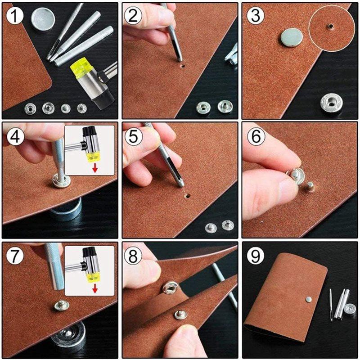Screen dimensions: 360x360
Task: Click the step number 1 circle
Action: tap(15, 17)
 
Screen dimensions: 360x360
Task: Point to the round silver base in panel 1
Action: tap(43, 18)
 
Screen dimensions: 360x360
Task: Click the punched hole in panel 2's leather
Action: tap(183, 66)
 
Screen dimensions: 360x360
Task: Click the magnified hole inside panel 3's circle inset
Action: tap(331, 27)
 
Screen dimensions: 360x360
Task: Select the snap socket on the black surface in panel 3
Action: tap(332, 103)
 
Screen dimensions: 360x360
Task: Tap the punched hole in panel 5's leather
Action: tap(186, 196)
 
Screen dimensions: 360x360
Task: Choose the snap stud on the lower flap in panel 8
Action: tap(180, 314)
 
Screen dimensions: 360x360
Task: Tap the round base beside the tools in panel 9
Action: tap(349, 309)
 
